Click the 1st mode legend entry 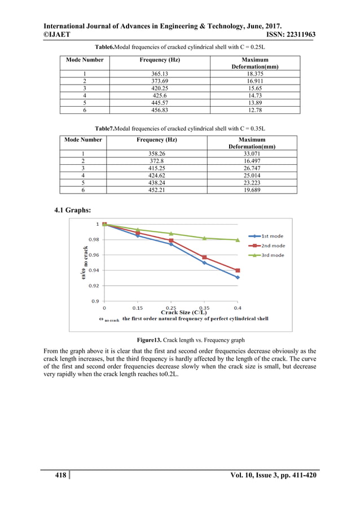pos(273,236)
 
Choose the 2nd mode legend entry pos(273,245)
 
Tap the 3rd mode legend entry pos(273,255)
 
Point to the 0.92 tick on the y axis pos(94,286)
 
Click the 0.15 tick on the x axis pos(137,308)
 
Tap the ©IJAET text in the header pos(59,35)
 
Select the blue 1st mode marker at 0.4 pos(238,277)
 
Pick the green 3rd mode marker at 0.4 pos(238,240)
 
